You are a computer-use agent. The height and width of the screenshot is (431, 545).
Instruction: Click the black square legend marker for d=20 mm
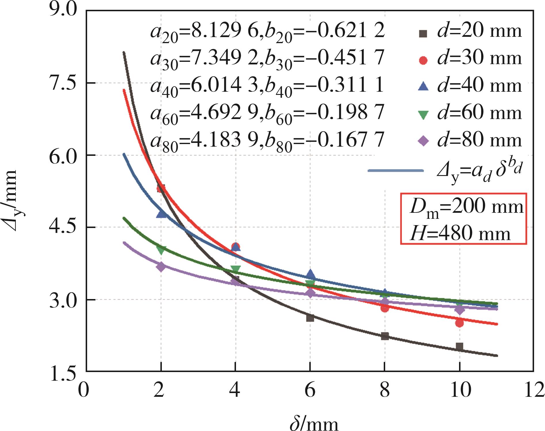pyautogui.click(x=423, y=34)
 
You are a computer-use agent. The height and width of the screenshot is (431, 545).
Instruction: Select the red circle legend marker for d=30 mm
pyautogui.click(x=423, y=60)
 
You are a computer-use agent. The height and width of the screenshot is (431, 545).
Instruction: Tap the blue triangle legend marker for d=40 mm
pyautogui.click(x=423, y=87)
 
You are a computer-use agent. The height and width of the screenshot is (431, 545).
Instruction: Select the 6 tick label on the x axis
pyautogui.click(x=310, y=390)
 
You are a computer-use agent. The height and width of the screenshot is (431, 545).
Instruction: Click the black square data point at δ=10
pyautogui.click(x=459, y=347)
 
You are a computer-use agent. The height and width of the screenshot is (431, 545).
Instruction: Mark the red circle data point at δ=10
pyautogui.click(x=459, y=323)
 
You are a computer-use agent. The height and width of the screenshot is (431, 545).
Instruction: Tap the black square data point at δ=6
pyautogui.click(x=310, y=318)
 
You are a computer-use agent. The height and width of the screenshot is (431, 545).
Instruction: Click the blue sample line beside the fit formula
pyautogui.click(x=396, y=171)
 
